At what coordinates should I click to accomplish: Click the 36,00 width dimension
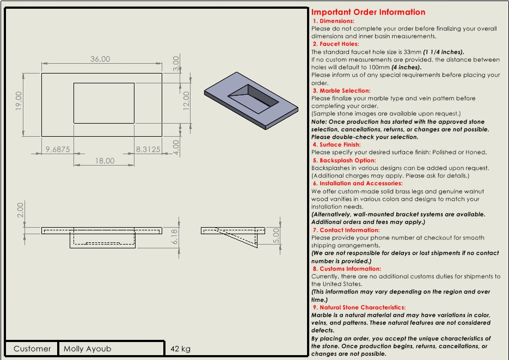(x=100, y=59)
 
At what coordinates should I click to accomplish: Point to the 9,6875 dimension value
(x=58, y=149)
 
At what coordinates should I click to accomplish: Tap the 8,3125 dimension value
(x=148, y=149)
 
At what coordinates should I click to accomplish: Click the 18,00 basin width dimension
(x=105, y=161)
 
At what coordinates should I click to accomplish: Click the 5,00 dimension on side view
(x=276, y=236)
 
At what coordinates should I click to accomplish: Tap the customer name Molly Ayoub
(x=87, y=349)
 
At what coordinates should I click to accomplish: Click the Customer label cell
(x=32, y=349)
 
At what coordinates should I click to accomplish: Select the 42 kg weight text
(x=180, y=349)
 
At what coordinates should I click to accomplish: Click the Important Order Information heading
(x=368, y=12)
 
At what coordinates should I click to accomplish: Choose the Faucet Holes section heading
(x=336, y=44)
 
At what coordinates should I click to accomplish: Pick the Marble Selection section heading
(x=341, y=91)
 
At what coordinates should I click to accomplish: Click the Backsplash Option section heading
(x=344, y=161)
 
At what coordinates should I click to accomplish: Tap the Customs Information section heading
(x=347, y=269)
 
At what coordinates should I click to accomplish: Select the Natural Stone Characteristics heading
(x=359, y=307)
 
